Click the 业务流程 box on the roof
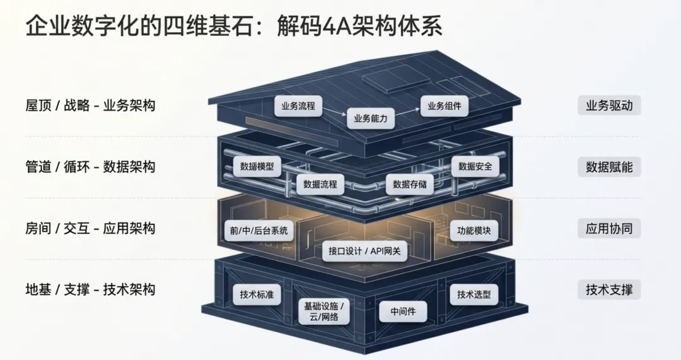point(298,106)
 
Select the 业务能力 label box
point(371,119)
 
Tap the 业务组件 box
point(445,106)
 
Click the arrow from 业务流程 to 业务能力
point(334,112)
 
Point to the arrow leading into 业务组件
point(407,112)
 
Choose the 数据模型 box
point(257,166)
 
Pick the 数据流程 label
point(320,184)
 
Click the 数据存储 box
point(410,184)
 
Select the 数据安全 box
point(475,166)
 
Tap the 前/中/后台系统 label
point(259,230)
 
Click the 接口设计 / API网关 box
point(364,251)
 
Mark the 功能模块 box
point(474,230)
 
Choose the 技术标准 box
point(257,294)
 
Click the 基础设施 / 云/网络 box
point(324,311)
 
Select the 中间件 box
point(403,311)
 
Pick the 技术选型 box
point(474,294)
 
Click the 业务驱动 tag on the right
point(609,105)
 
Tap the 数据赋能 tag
point(609,167)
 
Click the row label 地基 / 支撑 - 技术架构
point(90,289)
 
